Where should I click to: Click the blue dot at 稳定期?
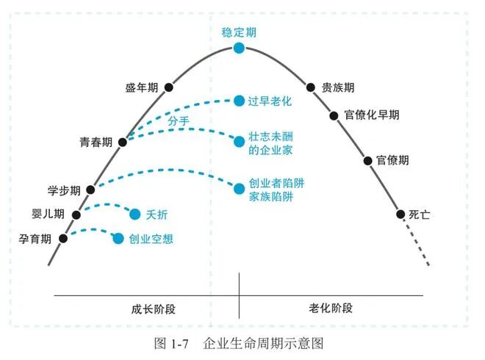[239, 48]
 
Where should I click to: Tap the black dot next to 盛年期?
[169, 87]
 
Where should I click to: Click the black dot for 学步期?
[90, 189]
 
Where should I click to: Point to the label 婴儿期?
[48, 215]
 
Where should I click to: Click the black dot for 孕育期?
[63, 238]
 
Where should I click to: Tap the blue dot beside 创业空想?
[118, 238]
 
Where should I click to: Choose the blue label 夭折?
[157, 215]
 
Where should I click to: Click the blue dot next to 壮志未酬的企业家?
[239, 141]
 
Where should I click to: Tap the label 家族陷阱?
[270, 197]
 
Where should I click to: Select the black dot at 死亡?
[400, 215]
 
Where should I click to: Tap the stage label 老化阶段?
[331, 308]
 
